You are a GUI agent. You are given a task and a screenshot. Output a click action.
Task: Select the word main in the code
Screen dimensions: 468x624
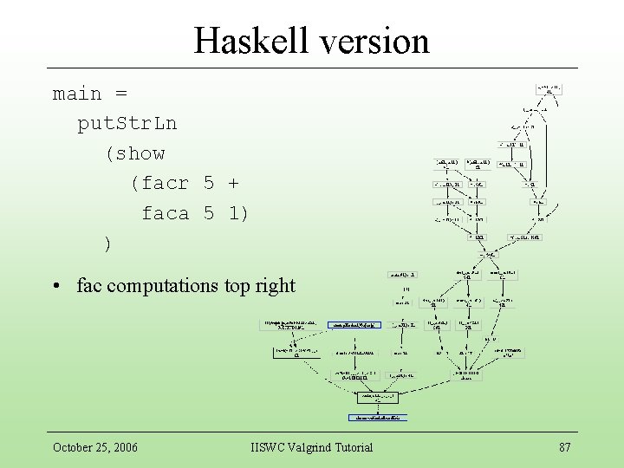click(77, 94)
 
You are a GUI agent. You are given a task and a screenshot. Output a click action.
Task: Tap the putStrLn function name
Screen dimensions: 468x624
click(127, 123)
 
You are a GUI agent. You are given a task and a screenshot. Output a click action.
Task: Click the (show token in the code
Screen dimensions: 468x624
click(134, 153)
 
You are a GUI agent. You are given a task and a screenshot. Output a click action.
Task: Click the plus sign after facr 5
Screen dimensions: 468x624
click(233, 183)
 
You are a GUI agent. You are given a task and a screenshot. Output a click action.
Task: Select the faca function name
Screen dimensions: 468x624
click(166, 213)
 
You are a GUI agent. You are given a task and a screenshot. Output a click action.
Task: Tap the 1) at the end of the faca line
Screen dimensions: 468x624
click(239, 213)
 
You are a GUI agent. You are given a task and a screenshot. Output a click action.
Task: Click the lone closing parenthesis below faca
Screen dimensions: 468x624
click(107, 244)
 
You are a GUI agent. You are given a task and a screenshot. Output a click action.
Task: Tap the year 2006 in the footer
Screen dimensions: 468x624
click(122, 447)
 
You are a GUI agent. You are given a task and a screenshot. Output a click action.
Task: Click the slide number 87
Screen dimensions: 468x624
click(564, 447)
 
